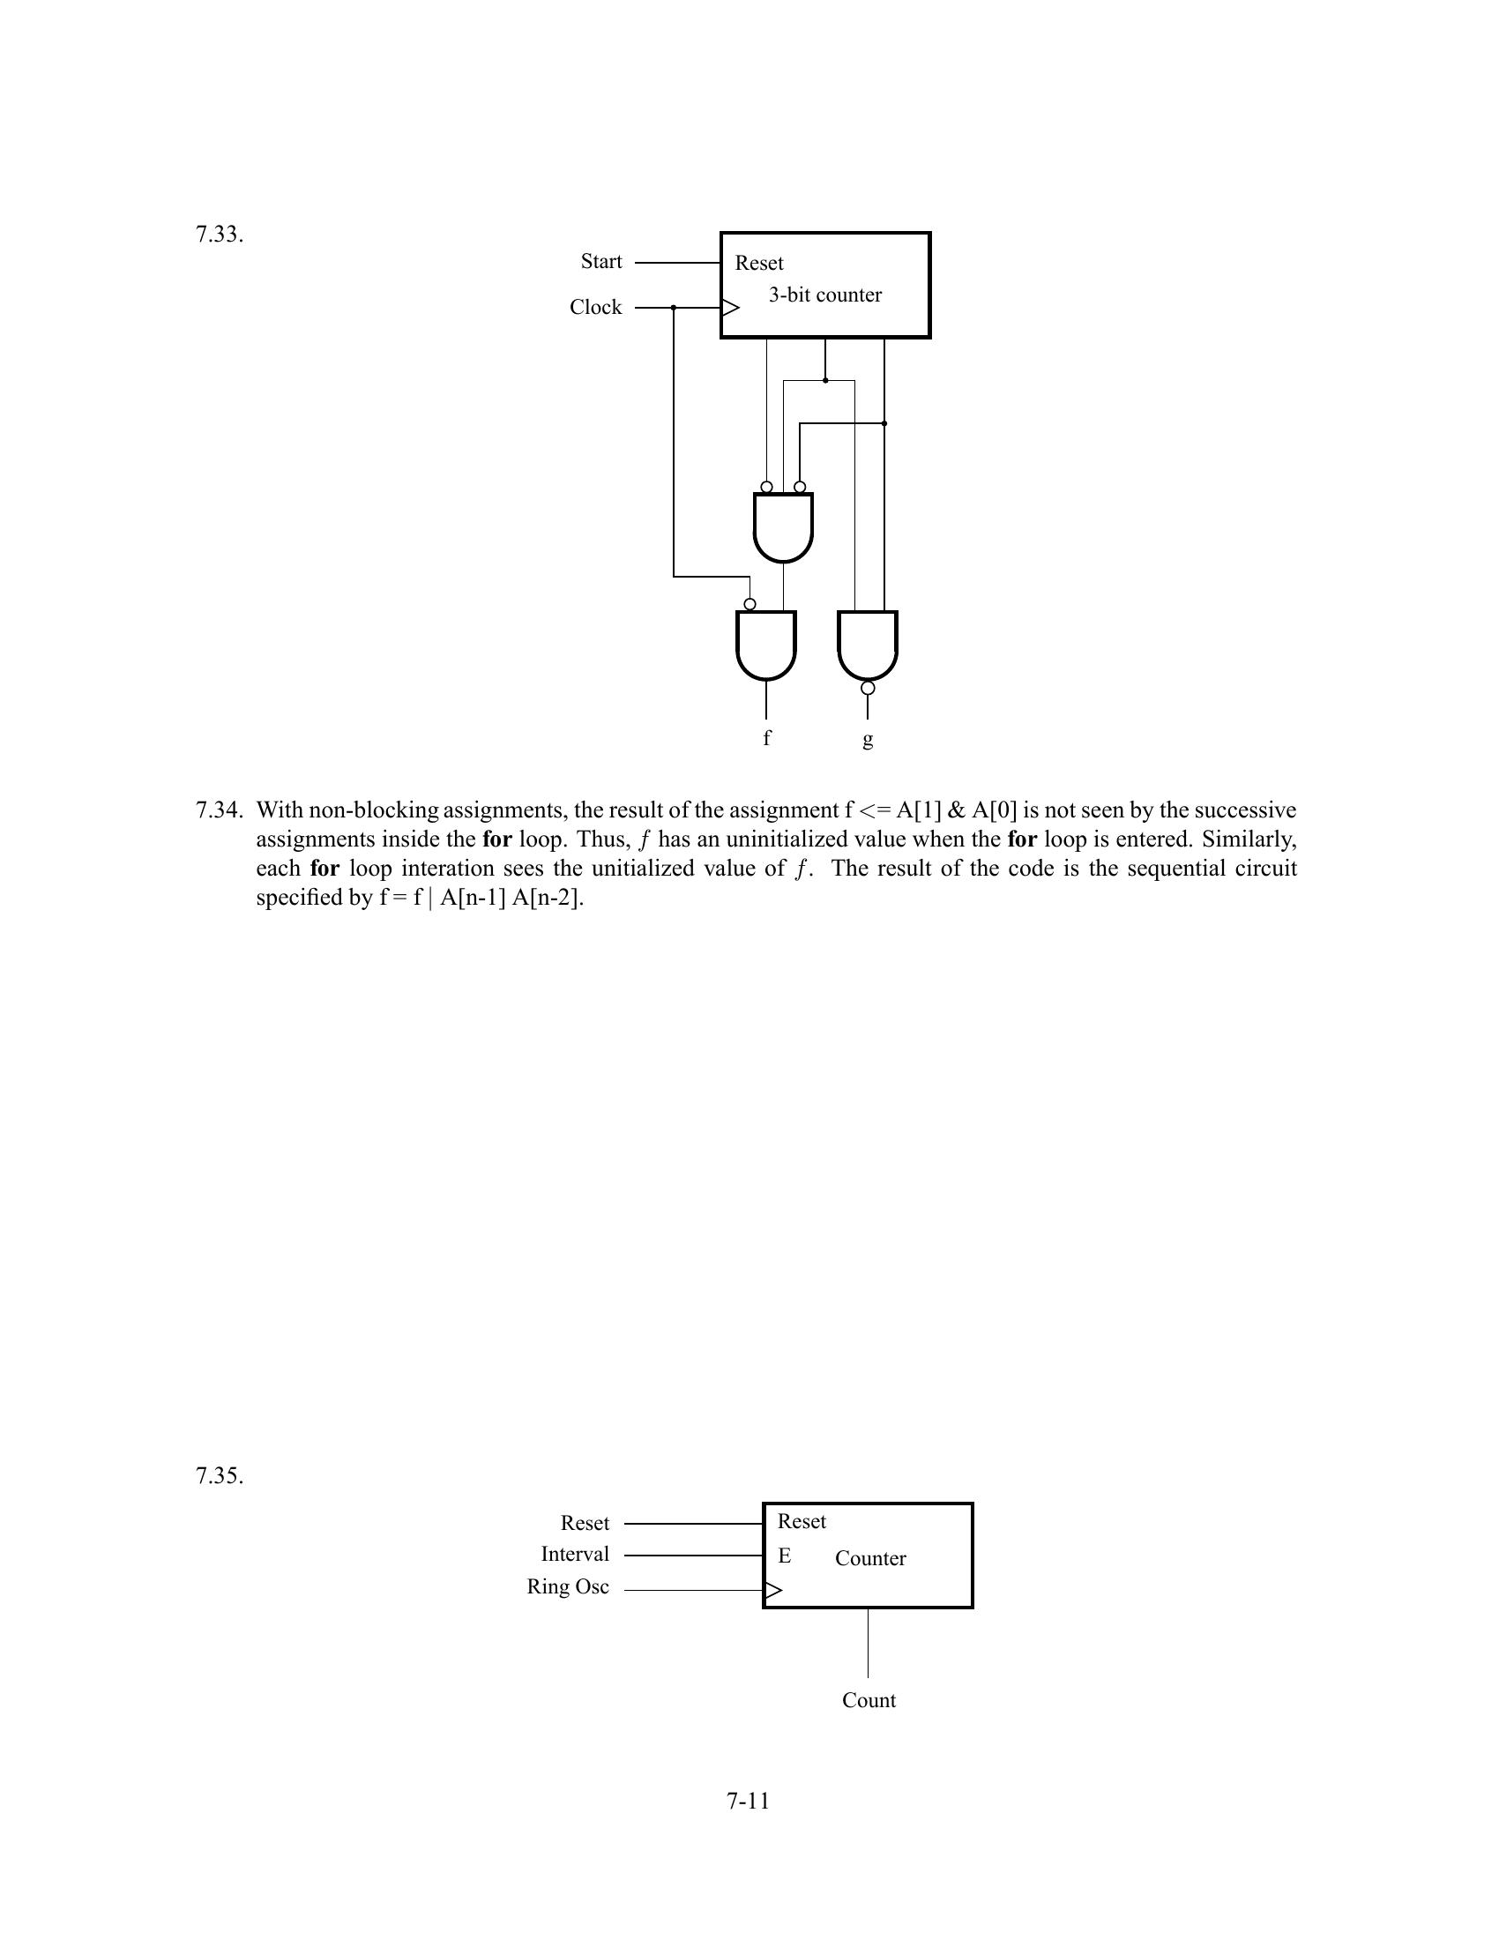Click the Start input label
601,261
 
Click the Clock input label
596,308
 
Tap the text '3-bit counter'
825,295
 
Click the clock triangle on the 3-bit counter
730,309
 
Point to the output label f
767,737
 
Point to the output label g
868,738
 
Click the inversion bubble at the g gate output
868,689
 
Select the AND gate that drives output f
766,643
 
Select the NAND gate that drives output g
868,643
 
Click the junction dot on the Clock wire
674,308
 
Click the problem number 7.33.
220,235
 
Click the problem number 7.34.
220,810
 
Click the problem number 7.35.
220,1476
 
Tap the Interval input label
575,1555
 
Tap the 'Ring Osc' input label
568,1586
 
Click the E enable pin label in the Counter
784,1556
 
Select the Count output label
869,1700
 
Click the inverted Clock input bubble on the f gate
749,604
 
